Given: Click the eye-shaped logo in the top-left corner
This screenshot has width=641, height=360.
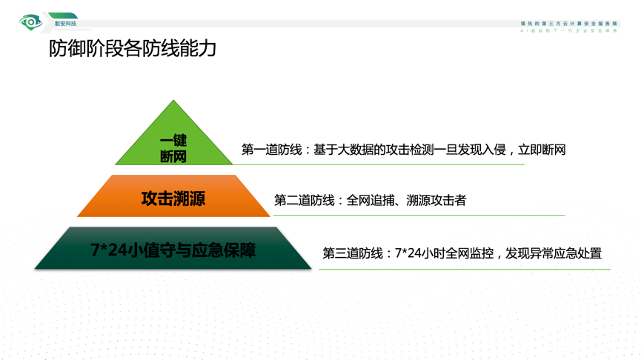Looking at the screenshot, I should [31, 23].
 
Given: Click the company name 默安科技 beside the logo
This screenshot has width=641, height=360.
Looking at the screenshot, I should [65, 24].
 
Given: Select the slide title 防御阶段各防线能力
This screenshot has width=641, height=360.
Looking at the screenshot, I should [133, 49].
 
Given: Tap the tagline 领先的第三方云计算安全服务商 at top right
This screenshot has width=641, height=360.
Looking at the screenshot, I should [568, 24].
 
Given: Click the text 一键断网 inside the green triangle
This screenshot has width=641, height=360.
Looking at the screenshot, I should [173, 148].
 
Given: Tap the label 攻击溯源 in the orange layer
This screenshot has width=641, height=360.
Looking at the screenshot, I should [173, 199].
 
